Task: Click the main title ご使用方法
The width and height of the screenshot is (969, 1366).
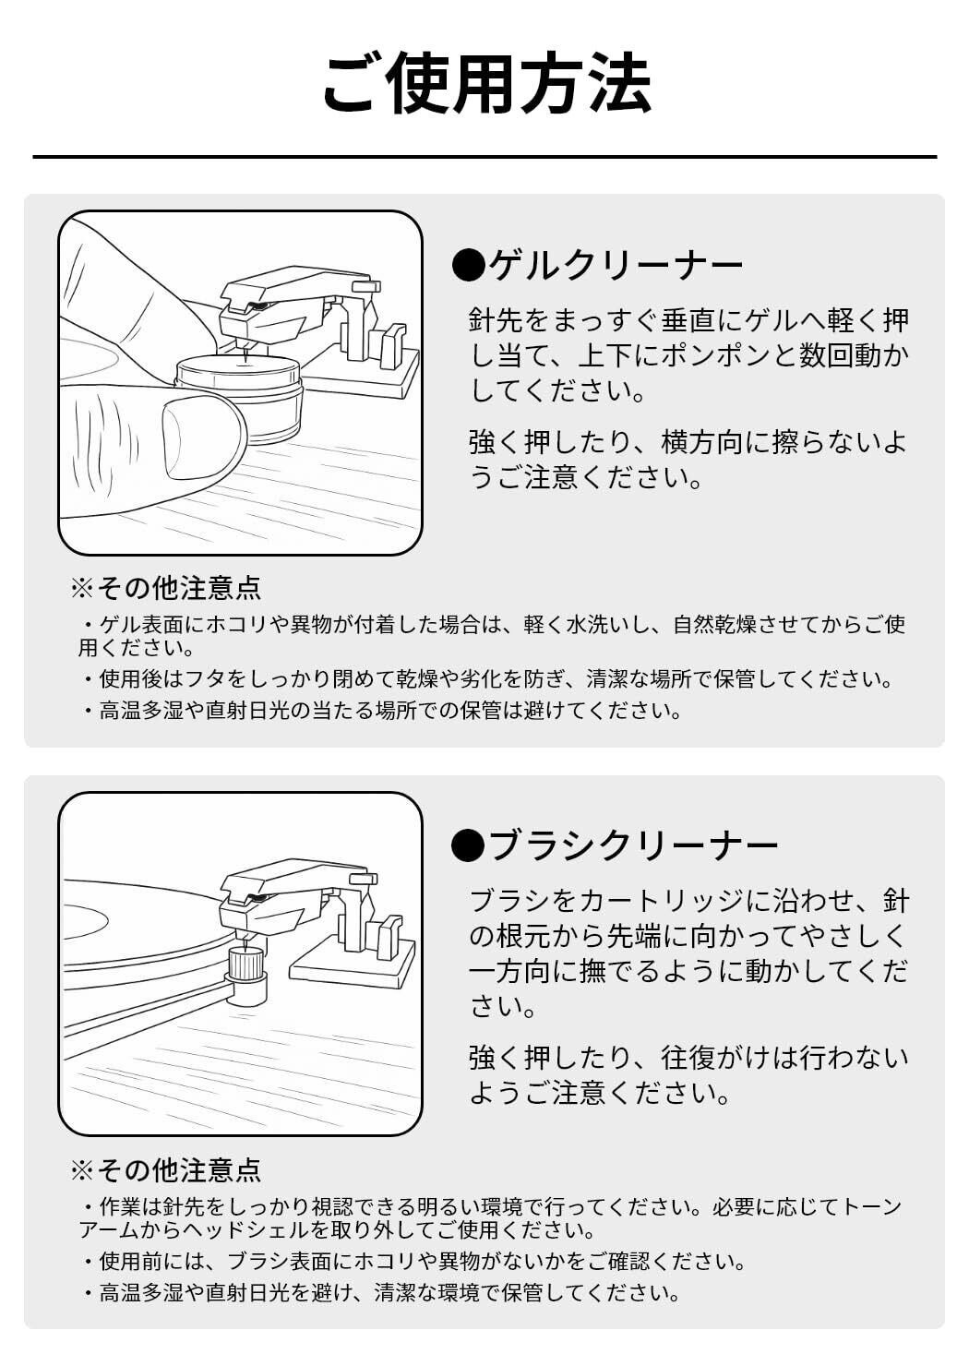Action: (486, 84)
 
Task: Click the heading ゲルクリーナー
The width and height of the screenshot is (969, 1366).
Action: (615, 266)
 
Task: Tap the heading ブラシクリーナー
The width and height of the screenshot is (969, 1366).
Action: (633, 845)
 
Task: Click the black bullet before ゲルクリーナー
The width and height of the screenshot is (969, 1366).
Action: (468, 266)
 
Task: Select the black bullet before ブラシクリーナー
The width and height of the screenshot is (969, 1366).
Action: (468, 845)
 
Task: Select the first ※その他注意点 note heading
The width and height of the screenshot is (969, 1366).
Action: (166, 588)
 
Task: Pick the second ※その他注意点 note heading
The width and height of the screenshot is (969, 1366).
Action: (166, 1170)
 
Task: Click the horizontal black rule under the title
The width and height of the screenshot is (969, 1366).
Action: (484, 157)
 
